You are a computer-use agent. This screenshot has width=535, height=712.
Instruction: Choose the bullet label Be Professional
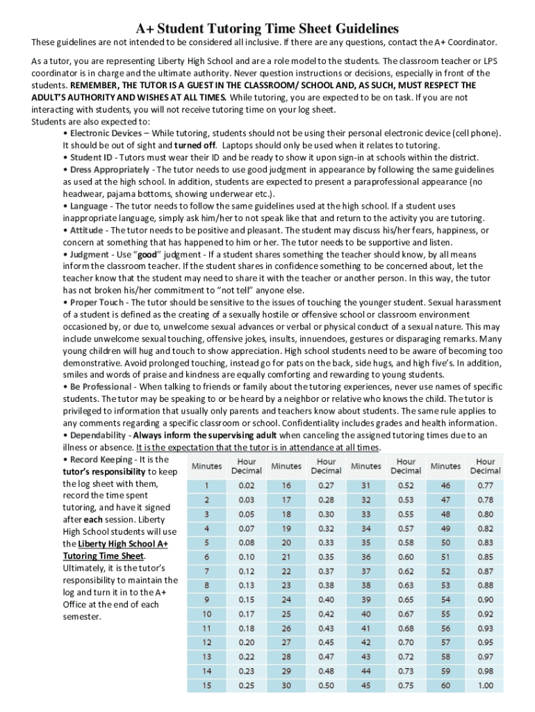coord(100,387)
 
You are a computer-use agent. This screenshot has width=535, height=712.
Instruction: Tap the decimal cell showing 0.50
coord(326,686)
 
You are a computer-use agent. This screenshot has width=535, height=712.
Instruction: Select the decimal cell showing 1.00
coord(485,686)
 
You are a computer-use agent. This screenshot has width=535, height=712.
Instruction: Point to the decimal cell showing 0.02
coord(246,485)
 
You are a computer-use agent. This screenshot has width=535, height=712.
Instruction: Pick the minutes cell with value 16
coord(286,485)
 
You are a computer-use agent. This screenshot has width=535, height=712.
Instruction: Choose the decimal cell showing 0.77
coord(485,485)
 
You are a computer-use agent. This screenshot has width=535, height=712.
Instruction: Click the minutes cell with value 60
coord(445,686)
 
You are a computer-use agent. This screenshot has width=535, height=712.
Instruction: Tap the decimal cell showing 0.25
coord(246,686)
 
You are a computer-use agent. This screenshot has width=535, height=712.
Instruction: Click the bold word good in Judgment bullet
coord(147,254)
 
